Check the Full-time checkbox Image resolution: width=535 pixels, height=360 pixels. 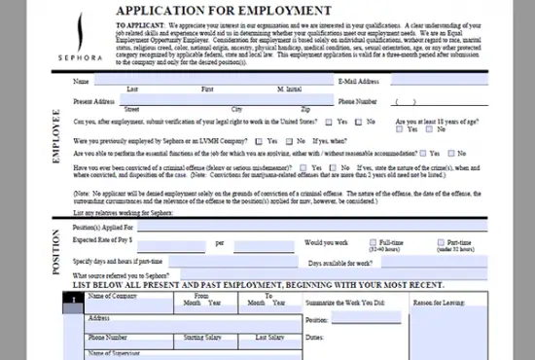pyautogui.click(x=374, y=241)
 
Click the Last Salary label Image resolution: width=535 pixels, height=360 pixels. pyautogui.click(x=269, y=337)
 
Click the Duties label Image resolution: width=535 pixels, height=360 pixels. pyautogui.click(x=313, y=338)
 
